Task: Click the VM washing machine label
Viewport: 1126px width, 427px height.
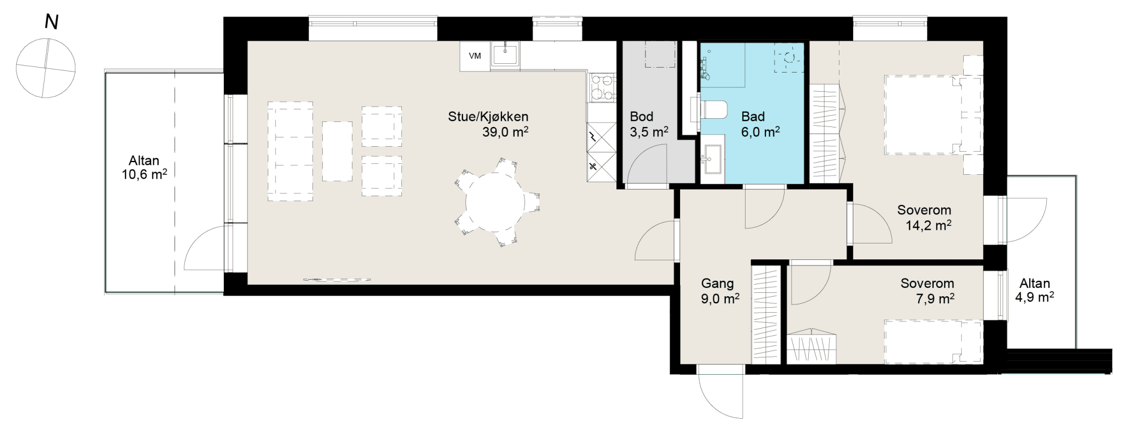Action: point(474,56)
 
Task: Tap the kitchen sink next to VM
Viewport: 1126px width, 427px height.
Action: point(505,55)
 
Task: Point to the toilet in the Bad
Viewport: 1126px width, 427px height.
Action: point(714,110)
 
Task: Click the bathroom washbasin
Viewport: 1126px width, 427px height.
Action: point(713,159)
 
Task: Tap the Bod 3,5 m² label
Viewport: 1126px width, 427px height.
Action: point(649,124)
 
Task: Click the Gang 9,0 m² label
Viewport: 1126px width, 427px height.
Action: point(720,291)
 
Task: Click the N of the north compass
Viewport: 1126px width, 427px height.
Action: point(52,23)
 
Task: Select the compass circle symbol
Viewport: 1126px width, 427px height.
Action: point(46,68)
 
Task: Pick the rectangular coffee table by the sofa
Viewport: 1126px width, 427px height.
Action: point(337,151)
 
